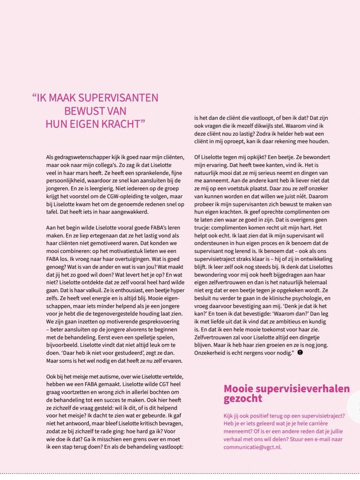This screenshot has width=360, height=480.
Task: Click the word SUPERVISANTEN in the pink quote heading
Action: [x=118, y=98]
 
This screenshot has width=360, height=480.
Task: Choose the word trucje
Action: [x=203, y=228]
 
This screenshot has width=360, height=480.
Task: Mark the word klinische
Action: [x=275, y=298]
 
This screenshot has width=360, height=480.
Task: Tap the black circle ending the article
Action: [x=300, y=353]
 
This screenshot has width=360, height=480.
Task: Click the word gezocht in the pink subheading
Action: [x=243, y=399]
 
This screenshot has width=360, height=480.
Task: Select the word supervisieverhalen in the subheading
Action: [x=304, y=389]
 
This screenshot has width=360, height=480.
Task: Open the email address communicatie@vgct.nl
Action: [x=252, y=447]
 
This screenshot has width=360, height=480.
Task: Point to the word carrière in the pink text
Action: [x=317, y=424]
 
